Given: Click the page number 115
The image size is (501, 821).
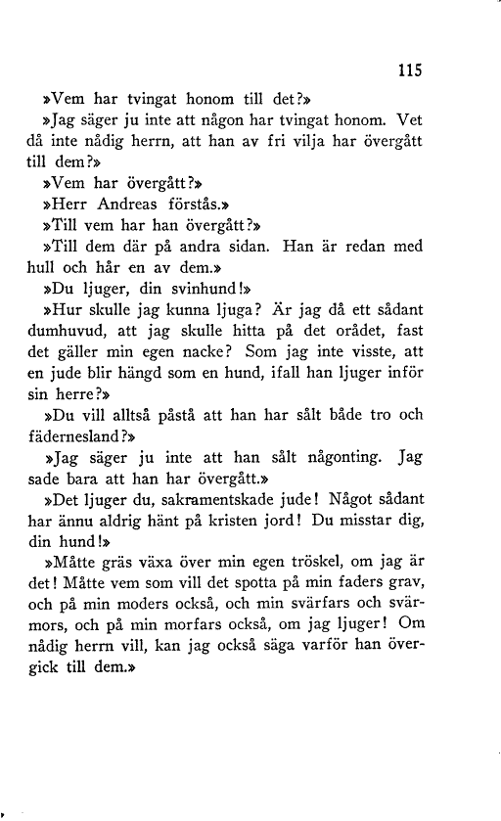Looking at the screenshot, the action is point(408,70).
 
